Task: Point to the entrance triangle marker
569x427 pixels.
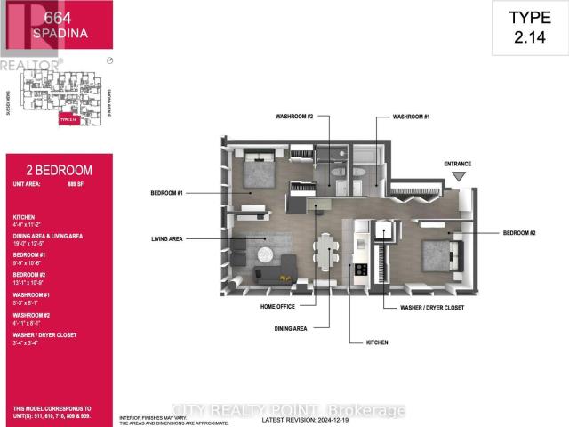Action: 459,177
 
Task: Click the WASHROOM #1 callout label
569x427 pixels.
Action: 412,116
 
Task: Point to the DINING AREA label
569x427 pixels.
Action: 290,328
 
